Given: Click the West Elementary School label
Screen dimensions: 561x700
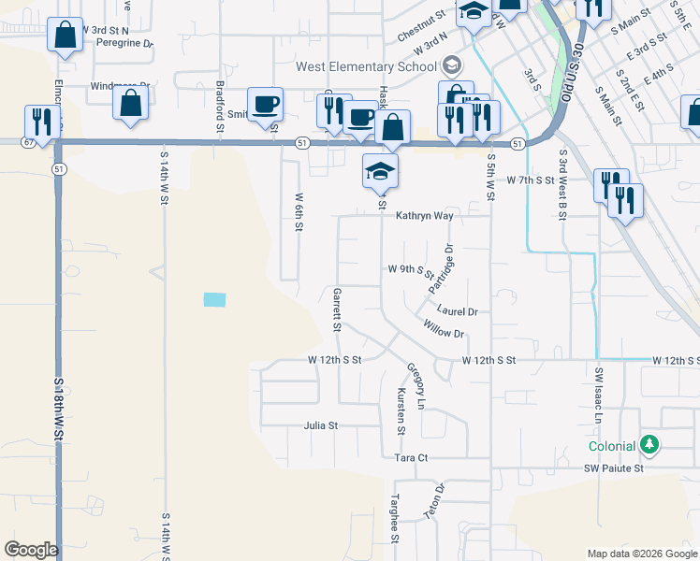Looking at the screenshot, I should pyautogui.click(x=368, y=66).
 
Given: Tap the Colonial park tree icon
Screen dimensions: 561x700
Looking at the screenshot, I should pyautogui.click(x=649, y=446).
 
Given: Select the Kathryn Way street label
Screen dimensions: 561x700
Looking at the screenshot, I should pyautogui.click(x=424, y=216).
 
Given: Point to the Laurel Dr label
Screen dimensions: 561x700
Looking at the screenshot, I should pyautogui.click(x=457, y=311).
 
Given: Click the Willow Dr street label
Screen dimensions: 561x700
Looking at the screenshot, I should pyautogui.click(x=443, y=328).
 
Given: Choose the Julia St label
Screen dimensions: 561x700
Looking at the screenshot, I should pyautogui.click(x=320, y=425).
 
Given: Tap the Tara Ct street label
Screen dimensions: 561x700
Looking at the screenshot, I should pyautogui.click(x=411, y=458).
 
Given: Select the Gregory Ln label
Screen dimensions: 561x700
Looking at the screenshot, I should pyautogui.click(x=415, y=386).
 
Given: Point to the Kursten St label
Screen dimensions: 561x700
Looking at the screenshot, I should pyautogui.click(x=401, y=411).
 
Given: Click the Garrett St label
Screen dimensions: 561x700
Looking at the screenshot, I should pyautogui.click(x=336, y=309).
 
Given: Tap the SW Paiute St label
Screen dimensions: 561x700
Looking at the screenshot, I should pyautogui.click(x=615, y=468).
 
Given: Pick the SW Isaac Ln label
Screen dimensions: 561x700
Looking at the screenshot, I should pyautogui.click(x=599, y=396).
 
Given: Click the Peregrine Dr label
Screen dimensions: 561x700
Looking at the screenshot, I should pyautogui.click(x=123, y=43).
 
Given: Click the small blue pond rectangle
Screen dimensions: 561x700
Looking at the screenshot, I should pyautogui.click(x=214, y=300).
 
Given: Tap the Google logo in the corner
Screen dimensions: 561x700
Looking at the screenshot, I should pyautogui.click(x=31, y=550).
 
